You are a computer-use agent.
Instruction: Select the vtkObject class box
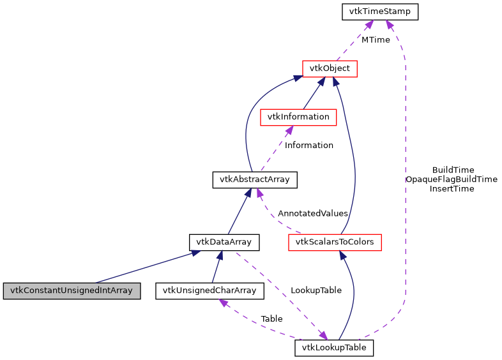click(x=330, y=68)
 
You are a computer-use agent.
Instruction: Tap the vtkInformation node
click(x=298, y=117)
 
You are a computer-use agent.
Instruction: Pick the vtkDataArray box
click(x=224, y=242)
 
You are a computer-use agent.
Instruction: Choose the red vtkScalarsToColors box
click(x=335, y=242)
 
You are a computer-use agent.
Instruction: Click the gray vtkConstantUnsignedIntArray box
click(x=71, y=290)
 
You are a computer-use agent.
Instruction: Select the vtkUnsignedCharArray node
click(x=209, y=290)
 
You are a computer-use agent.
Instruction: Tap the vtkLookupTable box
click(x=334, y=348)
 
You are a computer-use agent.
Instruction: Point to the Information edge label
click(x=308, y=145)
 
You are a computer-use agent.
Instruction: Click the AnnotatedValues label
click(x=312, y=213)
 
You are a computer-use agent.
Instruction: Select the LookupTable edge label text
click(x=316, y=290)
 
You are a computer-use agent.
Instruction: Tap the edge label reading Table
click(x=271, y=319)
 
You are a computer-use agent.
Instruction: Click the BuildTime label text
click(x=453, y=170)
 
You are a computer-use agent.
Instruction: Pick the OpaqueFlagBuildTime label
click(x=451, y=179)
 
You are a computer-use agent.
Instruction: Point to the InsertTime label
click(x=452, y=189)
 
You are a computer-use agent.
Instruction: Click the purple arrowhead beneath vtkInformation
click(x=289, y=130)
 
